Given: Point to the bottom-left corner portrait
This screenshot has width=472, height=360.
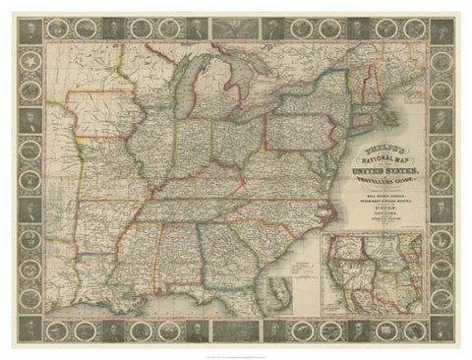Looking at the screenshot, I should pos(30,329).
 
